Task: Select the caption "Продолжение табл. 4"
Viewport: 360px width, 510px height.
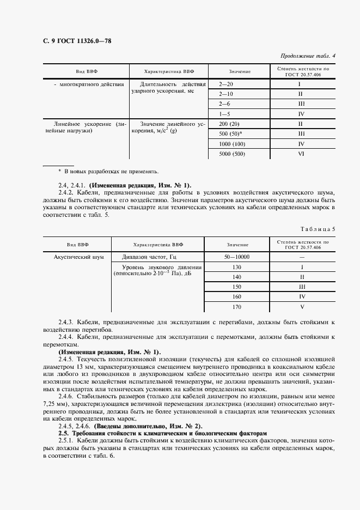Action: tap(308, 56)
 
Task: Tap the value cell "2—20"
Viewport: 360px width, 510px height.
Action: tap(225, 84)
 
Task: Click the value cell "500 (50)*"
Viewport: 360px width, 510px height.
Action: tap(230, 133)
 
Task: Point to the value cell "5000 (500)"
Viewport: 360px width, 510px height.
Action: tap(232, 153)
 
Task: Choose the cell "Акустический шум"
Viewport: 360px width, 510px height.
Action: tap(78, 257)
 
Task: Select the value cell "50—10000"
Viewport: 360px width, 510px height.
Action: tap(236, 257)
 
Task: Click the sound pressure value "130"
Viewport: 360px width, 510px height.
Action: tap(236, 267)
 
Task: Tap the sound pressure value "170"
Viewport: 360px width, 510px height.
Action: tap(236, 307)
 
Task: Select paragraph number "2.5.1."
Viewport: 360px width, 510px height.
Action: tap(68, 439)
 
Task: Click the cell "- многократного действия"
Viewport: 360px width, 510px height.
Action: tap(89, 84)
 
